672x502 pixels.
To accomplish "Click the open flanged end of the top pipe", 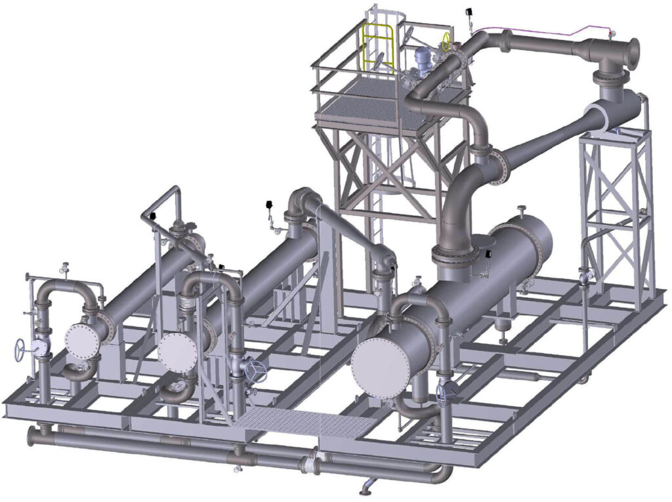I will pos(633,51).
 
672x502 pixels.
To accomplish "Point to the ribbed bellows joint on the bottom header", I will pos(308,465).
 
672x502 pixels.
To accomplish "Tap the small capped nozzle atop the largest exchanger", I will pos(521,212).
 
